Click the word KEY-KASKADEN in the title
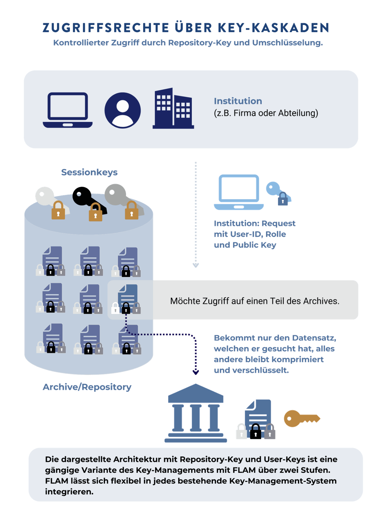[274, 28]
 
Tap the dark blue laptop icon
[68, 110]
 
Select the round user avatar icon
[122, 110]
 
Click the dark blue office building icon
[173, 108]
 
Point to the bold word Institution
[238, 101]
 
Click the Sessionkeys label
[89, 172]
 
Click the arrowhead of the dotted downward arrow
[196, 265]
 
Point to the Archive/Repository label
[87, 387]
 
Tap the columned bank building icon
[196, 413]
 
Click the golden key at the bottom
[301, 419]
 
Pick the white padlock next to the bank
[241, 431]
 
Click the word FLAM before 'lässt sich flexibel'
[57, 481]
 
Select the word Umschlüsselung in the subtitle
[287, 43]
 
